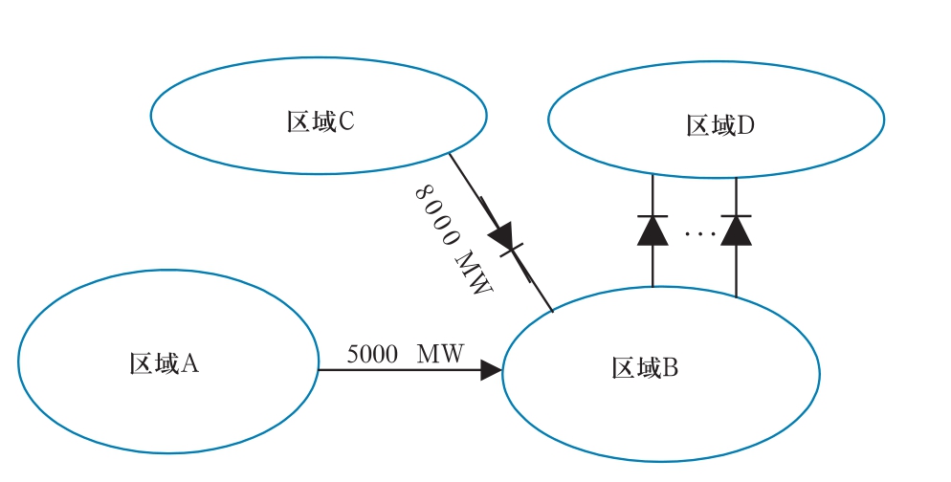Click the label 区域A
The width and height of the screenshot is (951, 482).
point(164,363)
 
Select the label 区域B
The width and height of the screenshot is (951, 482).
point(645,367)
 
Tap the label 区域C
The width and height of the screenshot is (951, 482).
point(321,121)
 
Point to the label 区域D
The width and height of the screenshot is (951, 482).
point(720,125)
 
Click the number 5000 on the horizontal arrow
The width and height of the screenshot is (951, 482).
point(372,354)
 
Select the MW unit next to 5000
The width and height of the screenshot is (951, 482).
point(440,354)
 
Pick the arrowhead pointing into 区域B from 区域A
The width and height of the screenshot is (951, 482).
point(491,370)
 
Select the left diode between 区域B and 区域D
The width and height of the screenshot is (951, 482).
point(652,230)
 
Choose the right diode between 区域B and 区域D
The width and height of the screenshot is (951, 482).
point(736,230)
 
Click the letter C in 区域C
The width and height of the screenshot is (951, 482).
point(346,121)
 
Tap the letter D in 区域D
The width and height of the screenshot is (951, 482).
point(746,125)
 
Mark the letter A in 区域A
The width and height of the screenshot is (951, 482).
point(189,363)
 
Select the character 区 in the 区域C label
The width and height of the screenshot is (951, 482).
point(297,121)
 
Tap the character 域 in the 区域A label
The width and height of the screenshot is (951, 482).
point(164,363)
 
